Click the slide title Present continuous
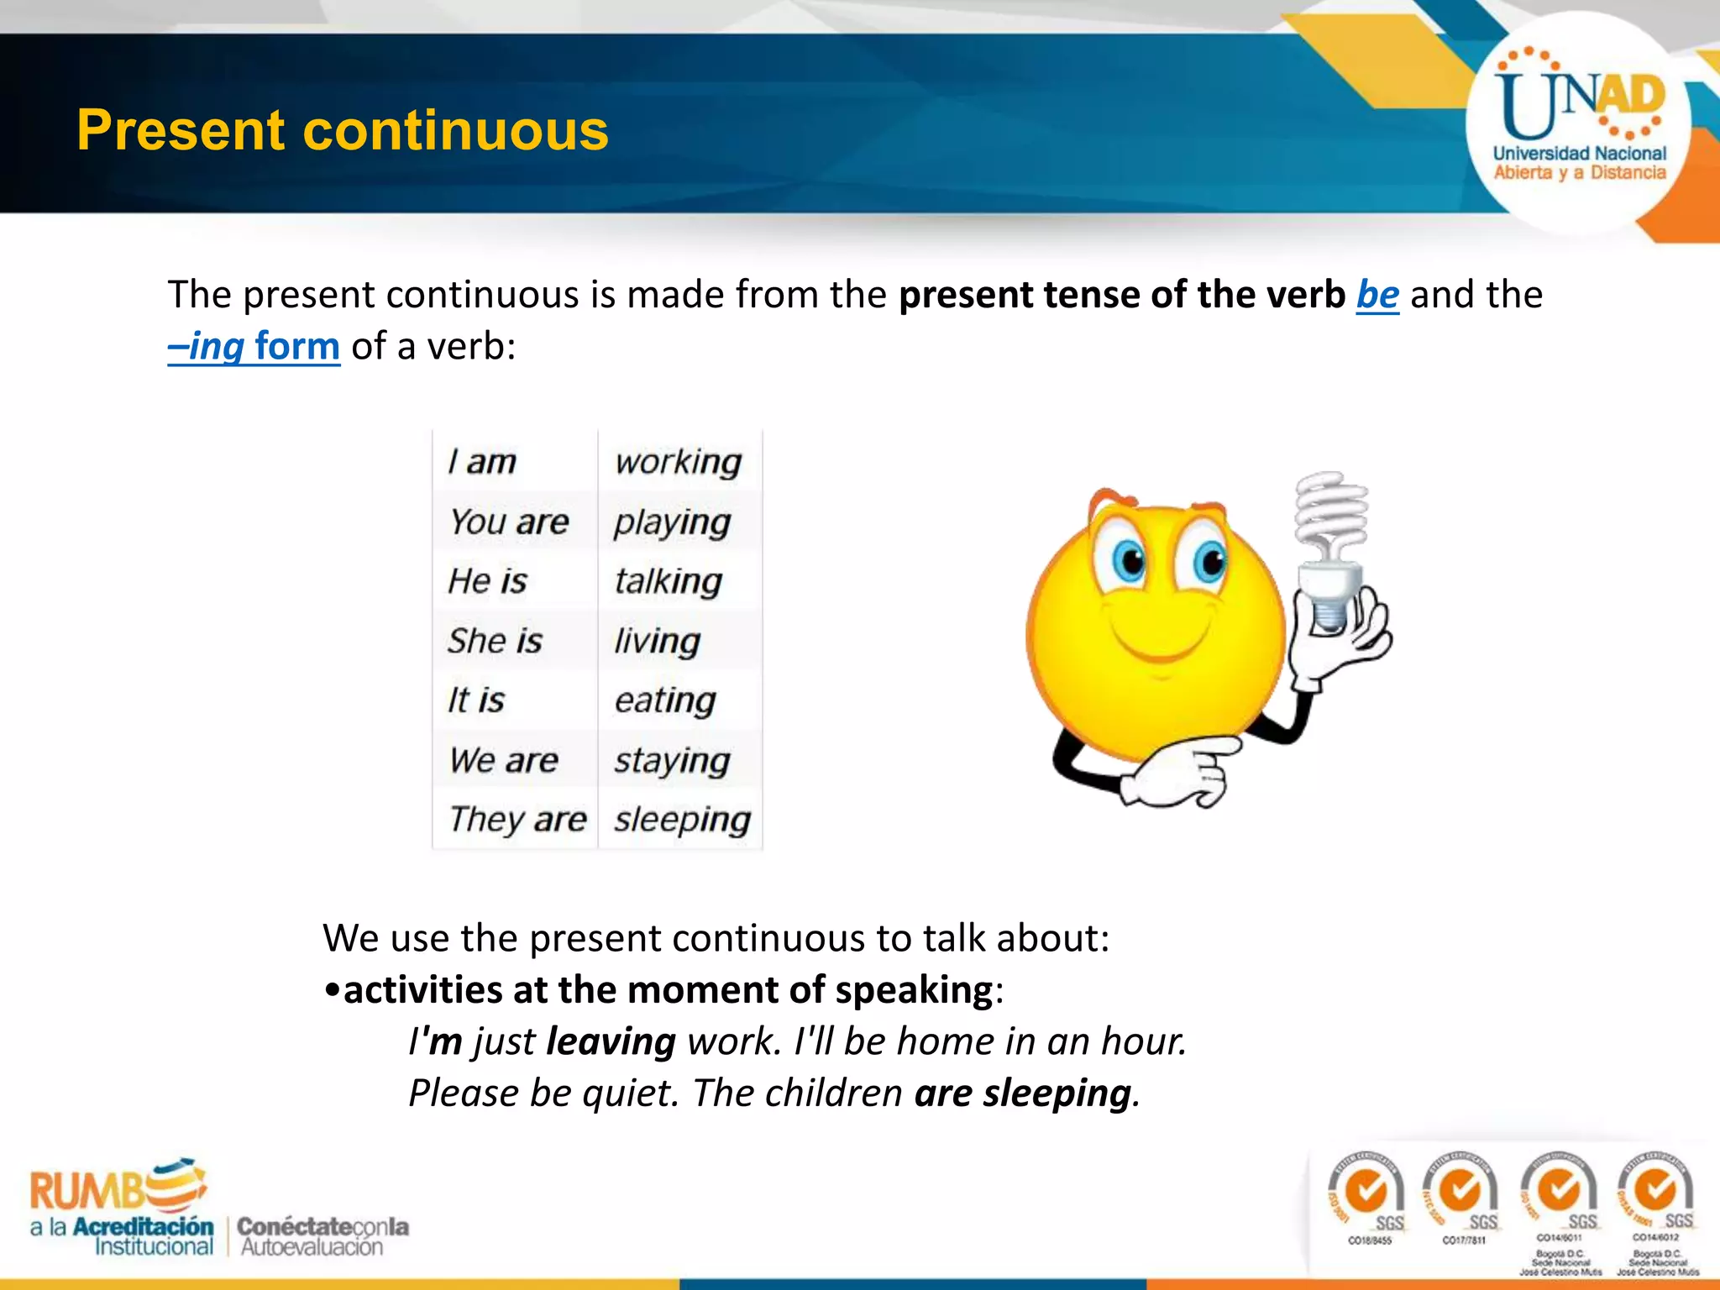(x=342, y=130)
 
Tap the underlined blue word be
(x=1377, y=295)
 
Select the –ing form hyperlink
(x=254, y=346)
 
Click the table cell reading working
(x=678, y=462)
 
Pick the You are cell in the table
(x=509, y=522)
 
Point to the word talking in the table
(x=668, y=581)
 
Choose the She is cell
(x=495, y=641)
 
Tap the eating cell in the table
(x=665, y=700)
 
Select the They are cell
(x=517, y=819)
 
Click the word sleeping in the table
(x=682, y=820)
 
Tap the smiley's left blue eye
(x=1130, y=561)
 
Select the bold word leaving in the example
(x=611, y=1041)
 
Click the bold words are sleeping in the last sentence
(x=1022, y=1093)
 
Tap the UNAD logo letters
(x=1579, y=105)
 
